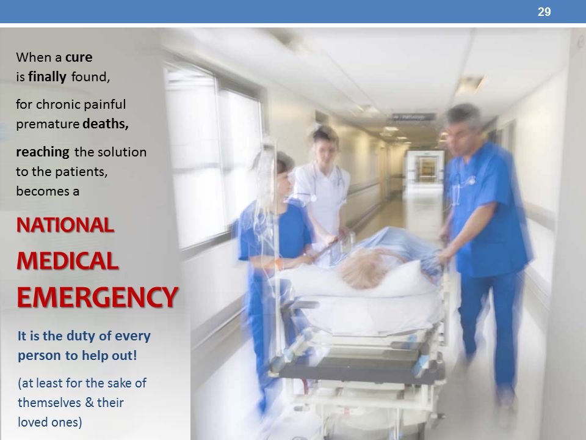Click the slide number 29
(544, 12)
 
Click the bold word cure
(79, 57)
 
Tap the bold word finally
(48, 77)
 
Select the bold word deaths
(106, 123)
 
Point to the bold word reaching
(43, 153)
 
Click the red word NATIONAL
(65, 226)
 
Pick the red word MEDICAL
(68, 261)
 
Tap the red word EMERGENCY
(97, 297)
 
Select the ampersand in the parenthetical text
(89, 403)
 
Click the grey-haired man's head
(463, 128)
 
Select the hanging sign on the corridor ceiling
(413, 117)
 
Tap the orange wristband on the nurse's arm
(278, 264)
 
